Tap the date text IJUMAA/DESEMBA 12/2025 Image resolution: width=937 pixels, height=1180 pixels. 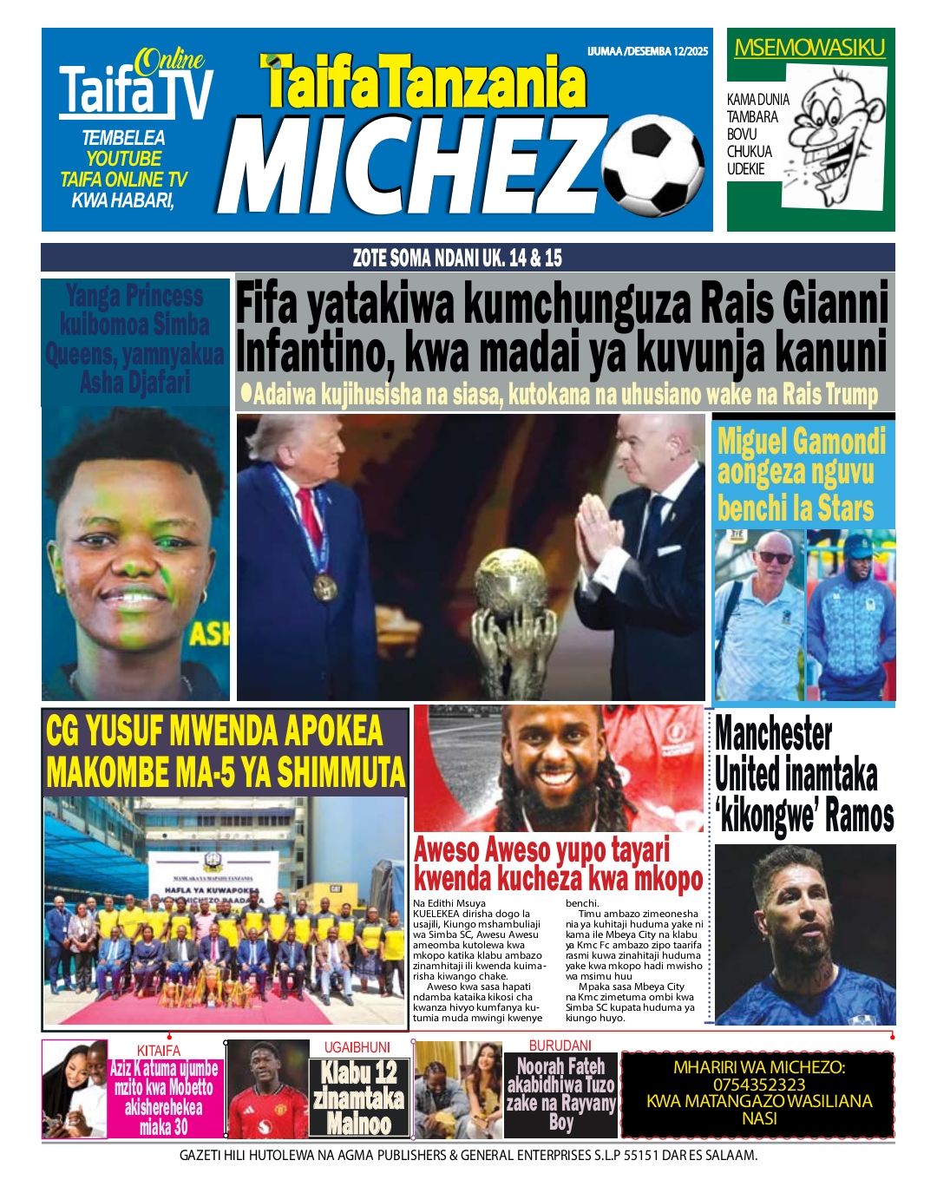click(x=647, y=51)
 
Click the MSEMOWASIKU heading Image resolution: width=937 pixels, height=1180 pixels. click(x=809, y=48)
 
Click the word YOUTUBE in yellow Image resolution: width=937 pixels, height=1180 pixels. click(x=123, y=159)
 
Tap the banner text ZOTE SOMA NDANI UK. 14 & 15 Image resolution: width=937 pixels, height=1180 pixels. click(x=457, y=258)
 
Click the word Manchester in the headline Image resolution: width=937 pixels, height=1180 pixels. click(x=773, y=736)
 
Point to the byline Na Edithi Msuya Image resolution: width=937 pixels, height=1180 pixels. click(x=449, y=903)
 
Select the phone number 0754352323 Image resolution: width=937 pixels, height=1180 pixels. click(x=758, y=1085)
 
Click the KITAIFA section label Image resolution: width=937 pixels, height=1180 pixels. click(x=159, y=1051)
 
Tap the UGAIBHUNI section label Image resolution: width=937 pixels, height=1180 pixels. click(x=357, y=1047)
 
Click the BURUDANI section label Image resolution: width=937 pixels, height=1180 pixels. click(x=560, y=1046)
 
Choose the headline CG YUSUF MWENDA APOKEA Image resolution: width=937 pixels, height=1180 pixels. click(x=214, y=731)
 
